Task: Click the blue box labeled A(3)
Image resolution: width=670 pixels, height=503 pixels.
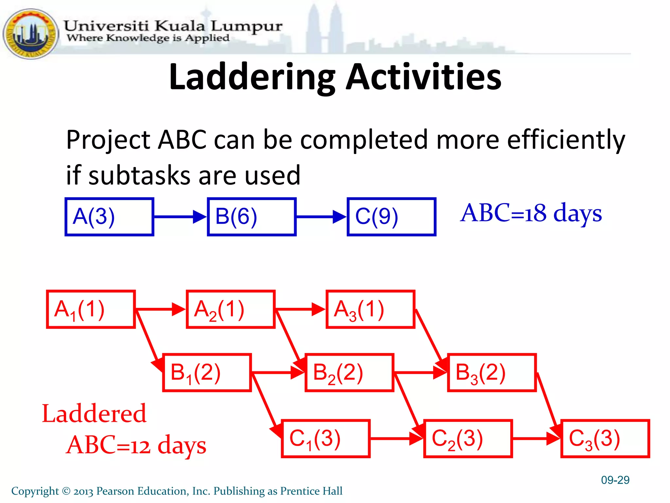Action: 109,216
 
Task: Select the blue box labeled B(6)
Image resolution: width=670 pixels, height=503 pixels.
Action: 252,216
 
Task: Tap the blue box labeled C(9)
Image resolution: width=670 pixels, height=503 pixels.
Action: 391,216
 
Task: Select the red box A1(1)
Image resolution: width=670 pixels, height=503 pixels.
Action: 91,309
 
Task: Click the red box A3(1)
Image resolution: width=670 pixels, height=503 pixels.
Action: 370,309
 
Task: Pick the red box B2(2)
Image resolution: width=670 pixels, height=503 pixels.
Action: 349,372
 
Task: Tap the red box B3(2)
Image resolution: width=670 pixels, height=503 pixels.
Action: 492,372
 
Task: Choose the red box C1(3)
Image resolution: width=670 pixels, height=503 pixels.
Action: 326,438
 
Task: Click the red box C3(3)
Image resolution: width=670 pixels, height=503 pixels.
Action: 605,438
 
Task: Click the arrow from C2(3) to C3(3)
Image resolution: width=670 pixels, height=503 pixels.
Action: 536,438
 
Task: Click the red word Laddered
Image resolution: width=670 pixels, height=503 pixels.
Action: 94,414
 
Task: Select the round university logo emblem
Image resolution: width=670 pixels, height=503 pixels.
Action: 30,34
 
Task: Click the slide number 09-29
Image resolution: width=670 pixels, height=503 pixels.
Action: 615,480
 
